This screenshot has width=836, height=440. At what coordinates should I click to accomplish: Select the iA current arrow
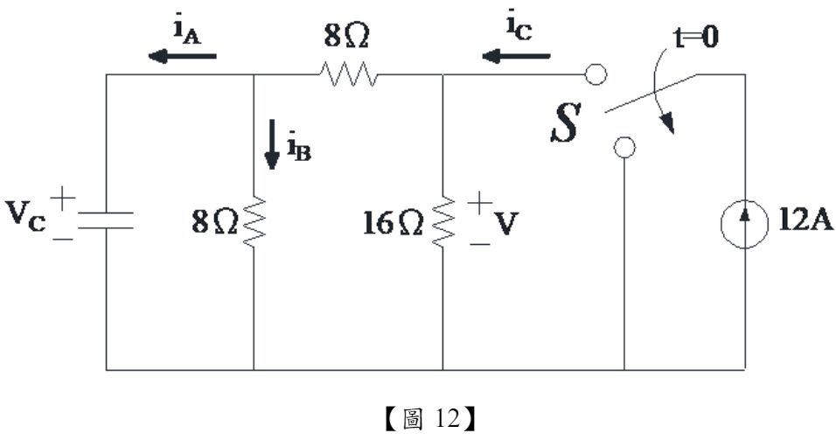pos(182,56)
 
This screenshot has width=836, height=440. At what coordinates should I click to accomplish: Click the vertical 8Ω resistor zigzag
pos(253,223)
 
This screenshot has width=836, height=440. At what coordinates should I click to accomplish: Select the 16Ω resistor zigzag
pos(443,223)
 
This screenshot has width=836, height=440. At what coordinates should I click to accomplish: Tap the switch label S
pos(563,126)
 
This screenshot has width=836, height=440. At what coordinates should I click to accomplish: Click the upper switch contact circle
pos(596,75)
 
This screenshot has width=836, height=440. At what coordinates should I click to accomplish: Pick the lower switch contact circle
pos(624,147)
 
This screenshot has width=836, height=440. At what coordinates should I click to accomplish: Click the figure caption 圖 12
pos(417,418)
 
